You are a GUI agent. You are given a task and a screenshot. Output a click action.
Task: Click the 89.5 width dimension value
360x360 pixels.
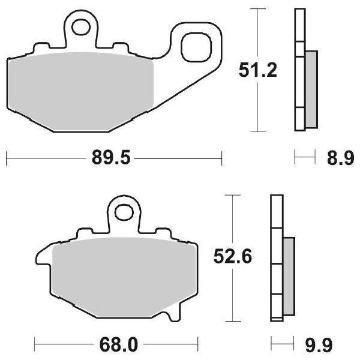tap(112, 158)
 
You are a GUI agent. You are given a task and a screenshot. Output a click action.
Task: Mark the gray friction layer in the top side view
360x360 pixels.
tap(311, 89)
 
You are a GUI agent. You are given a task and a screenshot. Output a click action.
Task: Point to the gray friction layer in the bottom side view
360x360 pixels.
tap(289, 275)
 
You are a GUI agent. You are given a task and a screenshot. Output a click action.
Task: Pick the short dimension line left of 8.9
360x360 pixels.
tap(305, 158)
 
